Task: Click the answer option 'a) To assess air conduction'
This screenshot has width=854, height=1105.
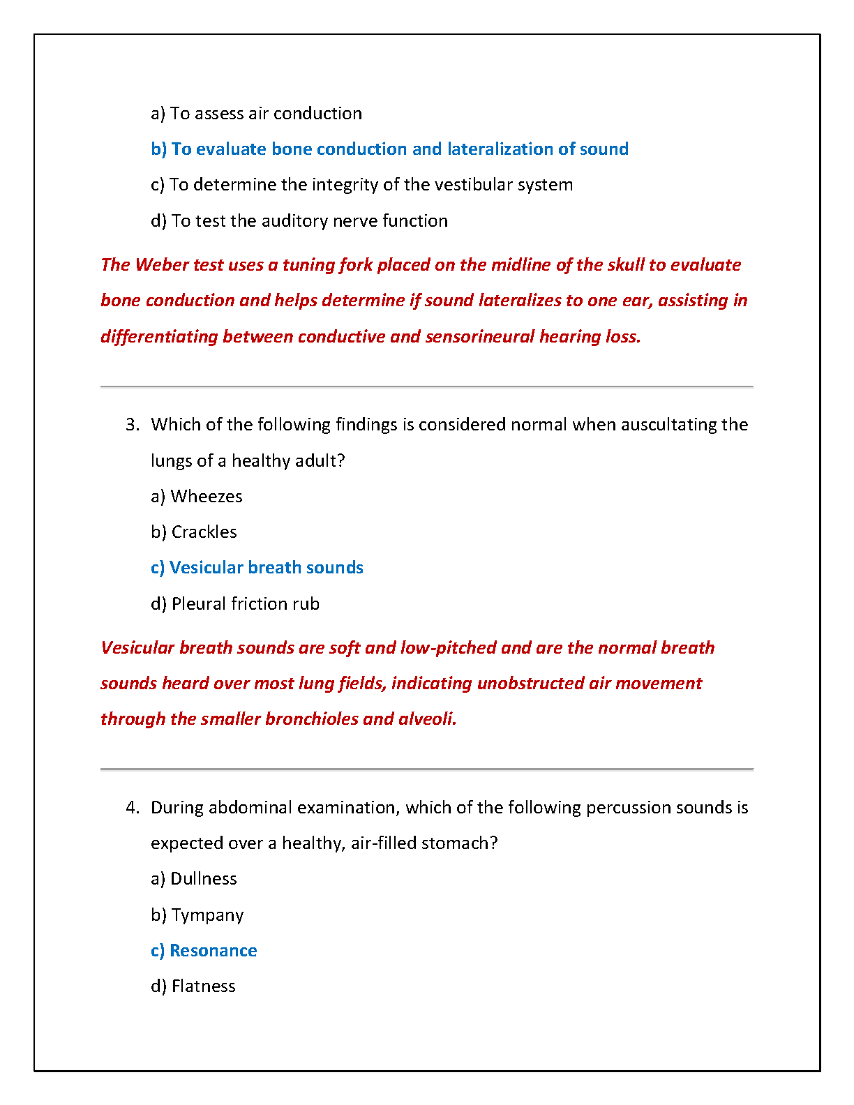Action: (256, 114)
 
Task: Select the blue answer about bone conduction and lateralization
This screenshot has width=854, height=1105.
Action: (389, 149)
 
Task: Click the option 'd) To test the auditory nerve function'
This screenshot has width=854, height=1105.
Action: (299, 221)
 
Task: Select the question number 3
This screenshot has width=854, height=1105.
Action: (133, 425)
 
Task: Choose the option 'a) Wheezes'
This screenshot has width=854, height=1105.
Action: (197, 497)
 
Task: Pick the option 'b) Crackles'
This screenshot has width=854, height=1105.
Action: (194, 532)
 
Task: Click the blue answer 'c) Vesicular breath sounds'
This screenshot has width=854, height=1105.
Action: (257, 568)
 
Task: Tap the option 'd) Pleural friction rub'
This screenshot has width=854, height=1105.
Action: (235, 604)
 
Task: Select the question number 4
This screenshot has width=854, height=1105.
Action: (133, 808)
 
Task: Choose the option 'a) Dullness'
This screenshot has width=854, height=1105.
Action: (194, 879)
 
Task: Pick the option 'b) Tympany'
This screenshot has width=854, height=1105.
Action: (197, 915)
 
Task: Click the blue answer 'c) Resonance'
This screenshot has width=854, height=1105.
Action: (204, 951)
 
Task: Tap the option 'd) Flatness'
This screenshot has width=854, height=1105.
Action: (193, 986)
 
